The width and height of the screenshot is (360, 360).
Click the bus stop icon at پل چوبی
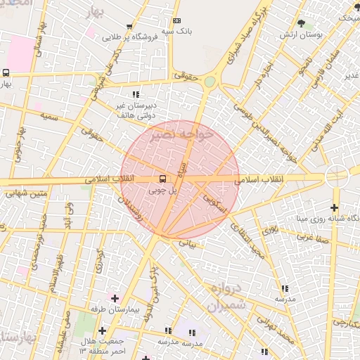[163, 179]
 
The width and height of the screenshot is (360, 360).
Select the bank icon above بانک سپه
[176, 21]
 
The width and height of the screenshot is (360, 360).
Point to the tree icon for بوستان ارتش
[302, 23]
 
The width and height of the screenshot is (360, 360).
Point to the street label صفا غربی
[311, 238]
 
